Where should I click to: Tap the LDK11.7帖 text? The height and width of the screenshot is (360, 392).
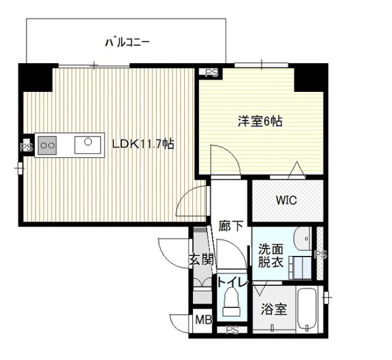tap(143, 144)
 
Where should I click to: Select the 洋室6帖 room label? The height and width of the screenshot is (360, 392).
tap(260, 121)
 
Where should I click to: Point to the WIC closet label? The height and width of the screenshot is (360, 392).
tap(285, 200)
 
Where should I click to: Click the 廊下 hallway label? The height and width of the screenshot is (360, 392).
tap(231, 225)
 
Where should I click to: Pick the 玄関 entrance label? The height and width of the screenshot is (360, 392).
tap(201, 259)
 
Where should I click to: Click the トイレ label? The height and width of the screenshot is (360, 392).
tap(232, 283)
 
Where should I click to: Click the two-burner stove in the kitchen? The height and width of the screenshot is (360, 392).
tap(47, 146)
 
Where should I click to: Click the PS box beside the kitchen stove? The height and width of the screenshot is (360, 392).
tap(26, 147)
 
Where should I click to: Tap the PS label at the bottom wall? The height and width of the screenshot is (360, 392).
tap(232, 331)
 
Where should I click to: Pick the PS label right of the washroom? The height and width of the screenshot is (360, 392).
tap(318, 255)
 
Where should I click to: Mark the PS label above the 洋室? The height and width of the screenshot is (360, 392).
tap(211, 73)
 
